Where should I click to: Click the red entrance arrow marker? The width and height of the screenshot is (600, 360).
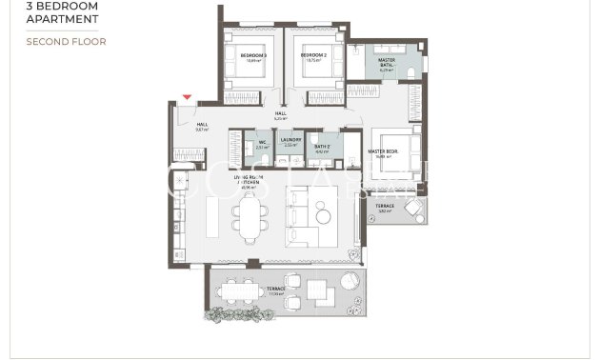pos(187,97)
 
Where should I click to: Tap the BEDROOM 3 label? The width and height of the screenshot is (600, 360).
pos(253,56)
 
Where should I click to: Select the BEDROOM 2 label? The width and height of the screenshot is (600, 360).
pos(313,56)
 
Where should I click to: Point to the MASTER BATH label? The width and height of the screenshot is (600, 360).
pos(387,63)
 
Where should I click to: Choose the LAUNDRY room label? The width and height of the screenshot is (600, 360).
pos(290,141)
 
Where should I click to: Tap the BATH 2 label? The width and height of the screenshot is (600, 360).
pos(322,147)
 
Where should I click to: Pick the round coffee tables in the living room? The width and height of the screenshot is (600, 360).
pos(323,214)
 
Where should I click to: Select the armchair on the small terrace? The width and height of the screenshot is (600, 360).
pos(415,213)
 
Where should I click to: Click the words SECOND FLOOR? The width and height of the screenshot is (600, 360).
pos(66,42)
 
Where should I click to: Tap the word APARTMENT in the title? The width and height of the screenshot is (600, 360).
pos(63,19)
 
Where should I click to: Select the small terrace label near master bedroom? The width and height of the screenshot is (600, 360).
pos(384,208)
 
